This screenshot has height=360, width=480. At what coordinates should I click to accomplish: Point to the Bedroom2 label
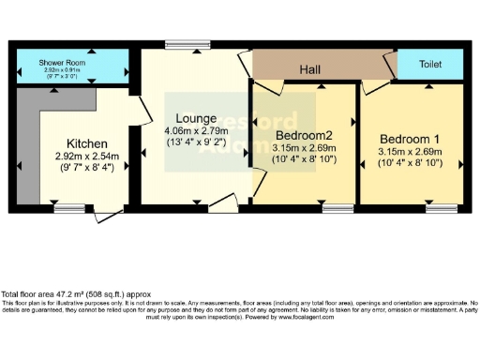[304, 134]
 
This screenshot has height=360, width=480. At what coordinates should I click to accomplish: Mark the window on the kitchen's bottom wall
[67, 210]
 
